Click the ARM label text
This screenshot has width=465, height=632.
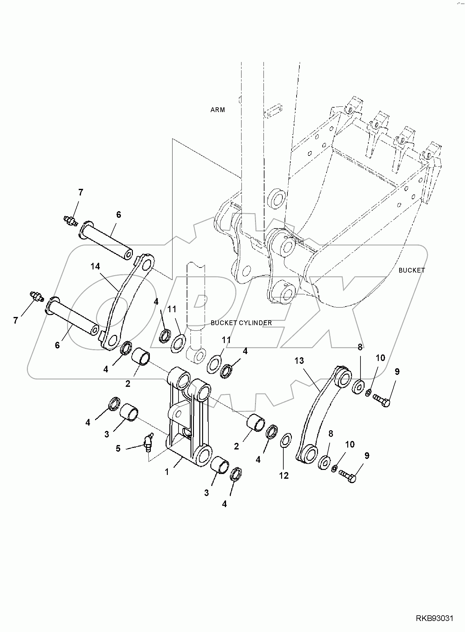[x=218, y=110]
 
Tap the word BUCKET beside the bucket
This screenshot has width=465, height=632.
[x=411, y=270]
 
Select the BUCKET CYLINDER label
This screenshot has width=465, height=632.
[x=241, y=323]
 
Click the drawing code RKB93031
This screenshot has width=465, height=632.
[x=435, y=619]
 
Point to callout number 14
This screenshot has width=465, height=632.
[x=95, y=267]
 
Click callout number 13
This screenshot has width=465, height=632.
[x=299, y=361]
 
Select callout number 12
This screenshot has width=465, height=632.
[x=284, y=476]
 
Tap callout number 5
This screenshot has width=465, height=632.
[x=118, y=449]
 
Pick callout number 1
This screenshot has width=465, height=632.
[x=167, y=472]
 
